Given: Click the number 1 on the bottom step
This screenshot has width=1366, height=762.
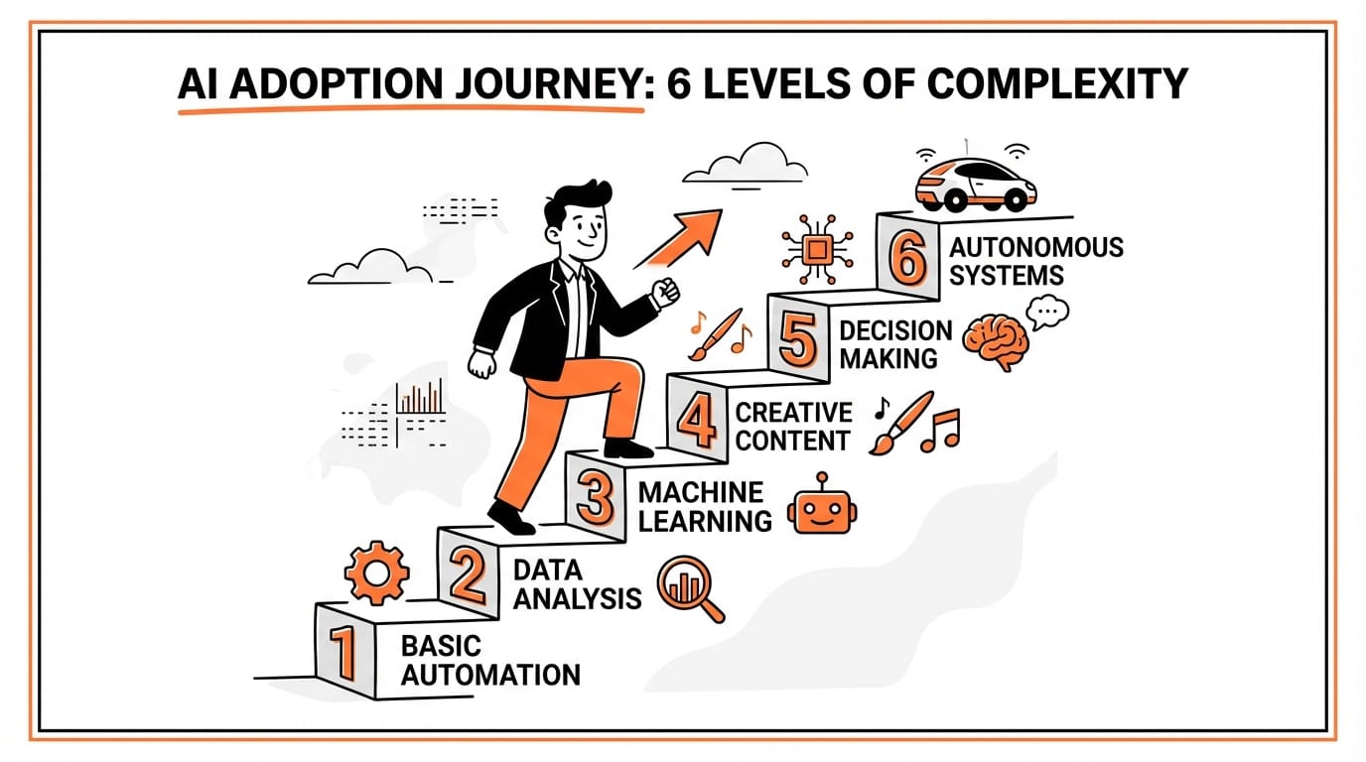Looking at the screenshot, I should [342, 653].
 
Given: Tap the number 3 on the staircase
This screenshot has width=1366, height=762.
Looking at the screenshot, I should [594, 498].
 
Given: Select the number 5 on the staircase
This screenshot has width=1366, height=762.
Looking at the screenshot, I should [798, 341].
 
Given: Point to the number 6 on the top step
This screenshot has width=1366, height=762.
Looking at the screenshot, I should [907, 260].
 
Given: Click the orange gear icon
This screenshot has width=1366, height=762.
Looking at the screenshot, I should [376, 573].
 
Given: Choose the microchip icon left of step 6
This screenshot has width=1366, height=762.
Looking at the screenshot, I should [815, 247].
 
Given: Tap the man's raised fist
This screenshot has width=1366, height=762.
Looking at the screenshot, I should [664, 290].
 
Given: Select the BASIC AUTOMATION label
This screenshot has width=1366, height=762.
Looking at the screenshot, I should [490, 661].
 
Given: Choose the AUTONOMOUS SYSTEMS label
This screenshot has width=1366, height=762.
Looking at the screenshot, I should [1035, 261].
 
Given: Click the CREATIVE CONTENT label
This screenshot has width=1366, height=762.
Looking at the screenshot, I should [793, 426].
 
